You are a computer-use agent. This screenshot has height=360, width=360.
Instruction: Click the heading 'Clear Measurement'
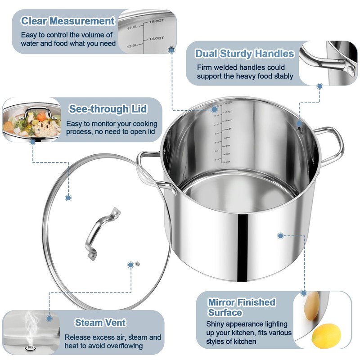point(68,21)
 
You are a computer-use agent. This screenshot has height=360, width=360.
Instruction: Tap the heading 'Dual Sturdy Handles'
point(244,54)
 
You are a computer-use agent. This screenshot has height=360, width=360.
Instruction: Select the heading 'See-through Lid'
point(108,109)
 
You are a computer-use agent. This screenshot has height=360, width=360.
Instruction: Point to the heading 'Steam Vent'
point(100,322)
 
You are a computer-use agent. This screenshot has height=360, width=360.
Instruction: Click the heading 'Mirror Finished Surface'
point(241,307)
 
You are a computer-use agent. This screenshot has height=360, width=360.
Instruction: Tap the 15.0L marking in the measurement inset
point(131,27)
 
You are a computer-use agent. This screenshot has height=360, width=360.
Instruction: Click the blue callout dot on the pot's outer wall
point(280,235)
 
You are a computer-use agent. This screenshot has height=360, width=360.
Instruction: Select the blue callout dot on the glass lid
point(68,197)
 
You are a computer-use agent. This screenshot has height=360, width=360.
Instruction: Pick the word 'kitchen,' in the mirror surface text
point(262,333)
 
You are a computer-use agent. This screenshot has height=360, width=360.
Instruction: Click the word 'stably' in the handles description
point(283,76)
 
